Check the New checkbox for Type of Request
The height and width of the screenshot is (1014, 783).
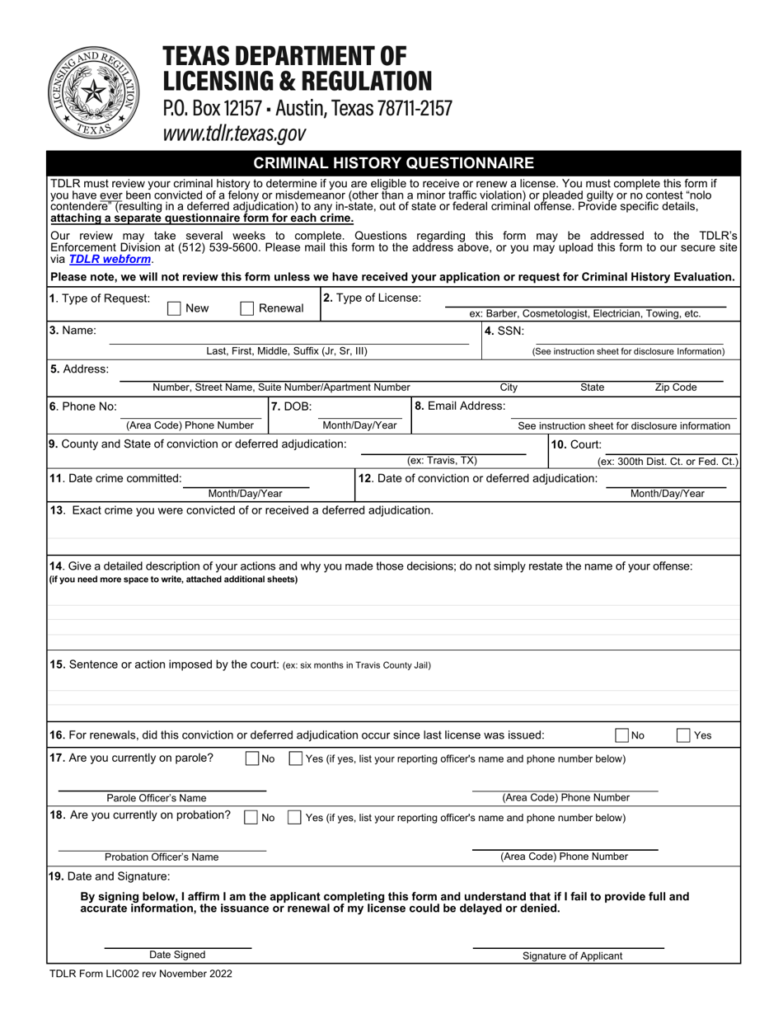pos(174,308)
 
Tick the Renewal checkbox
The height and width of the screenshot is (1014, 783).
pos(246,308)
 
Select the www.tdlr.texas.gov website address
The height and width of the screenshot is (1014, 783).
pos(234,134)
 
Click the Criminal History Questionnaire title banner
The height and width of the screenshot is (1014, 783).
pos(393,163)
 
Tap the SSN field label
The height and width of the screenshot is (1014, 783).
pos(504,331)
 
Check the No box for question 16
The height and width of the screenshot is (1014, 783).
pos(623,735)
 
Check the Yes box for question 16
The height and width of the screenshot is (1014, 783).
pos(683,735)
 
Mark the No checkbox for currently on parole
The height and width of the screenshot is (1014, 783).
pos(253,758)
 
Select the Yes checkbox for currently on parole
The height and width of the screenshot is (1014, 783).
pos(295,758)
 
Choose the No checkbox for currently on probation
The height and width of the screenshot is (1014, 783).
pos(251,818)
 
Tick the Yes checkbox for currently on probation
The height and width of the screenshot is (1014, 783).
pos(294,818)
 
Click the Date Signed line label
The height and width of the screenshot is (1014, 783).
pos(177,955)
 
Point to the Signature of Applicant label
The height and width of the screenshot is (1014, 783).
pos(572,956)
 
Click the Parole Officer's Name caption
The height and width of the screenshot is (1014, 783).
pos(157,798)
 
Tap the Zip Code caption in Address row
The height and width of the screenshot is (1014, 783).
pos(675,387)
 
